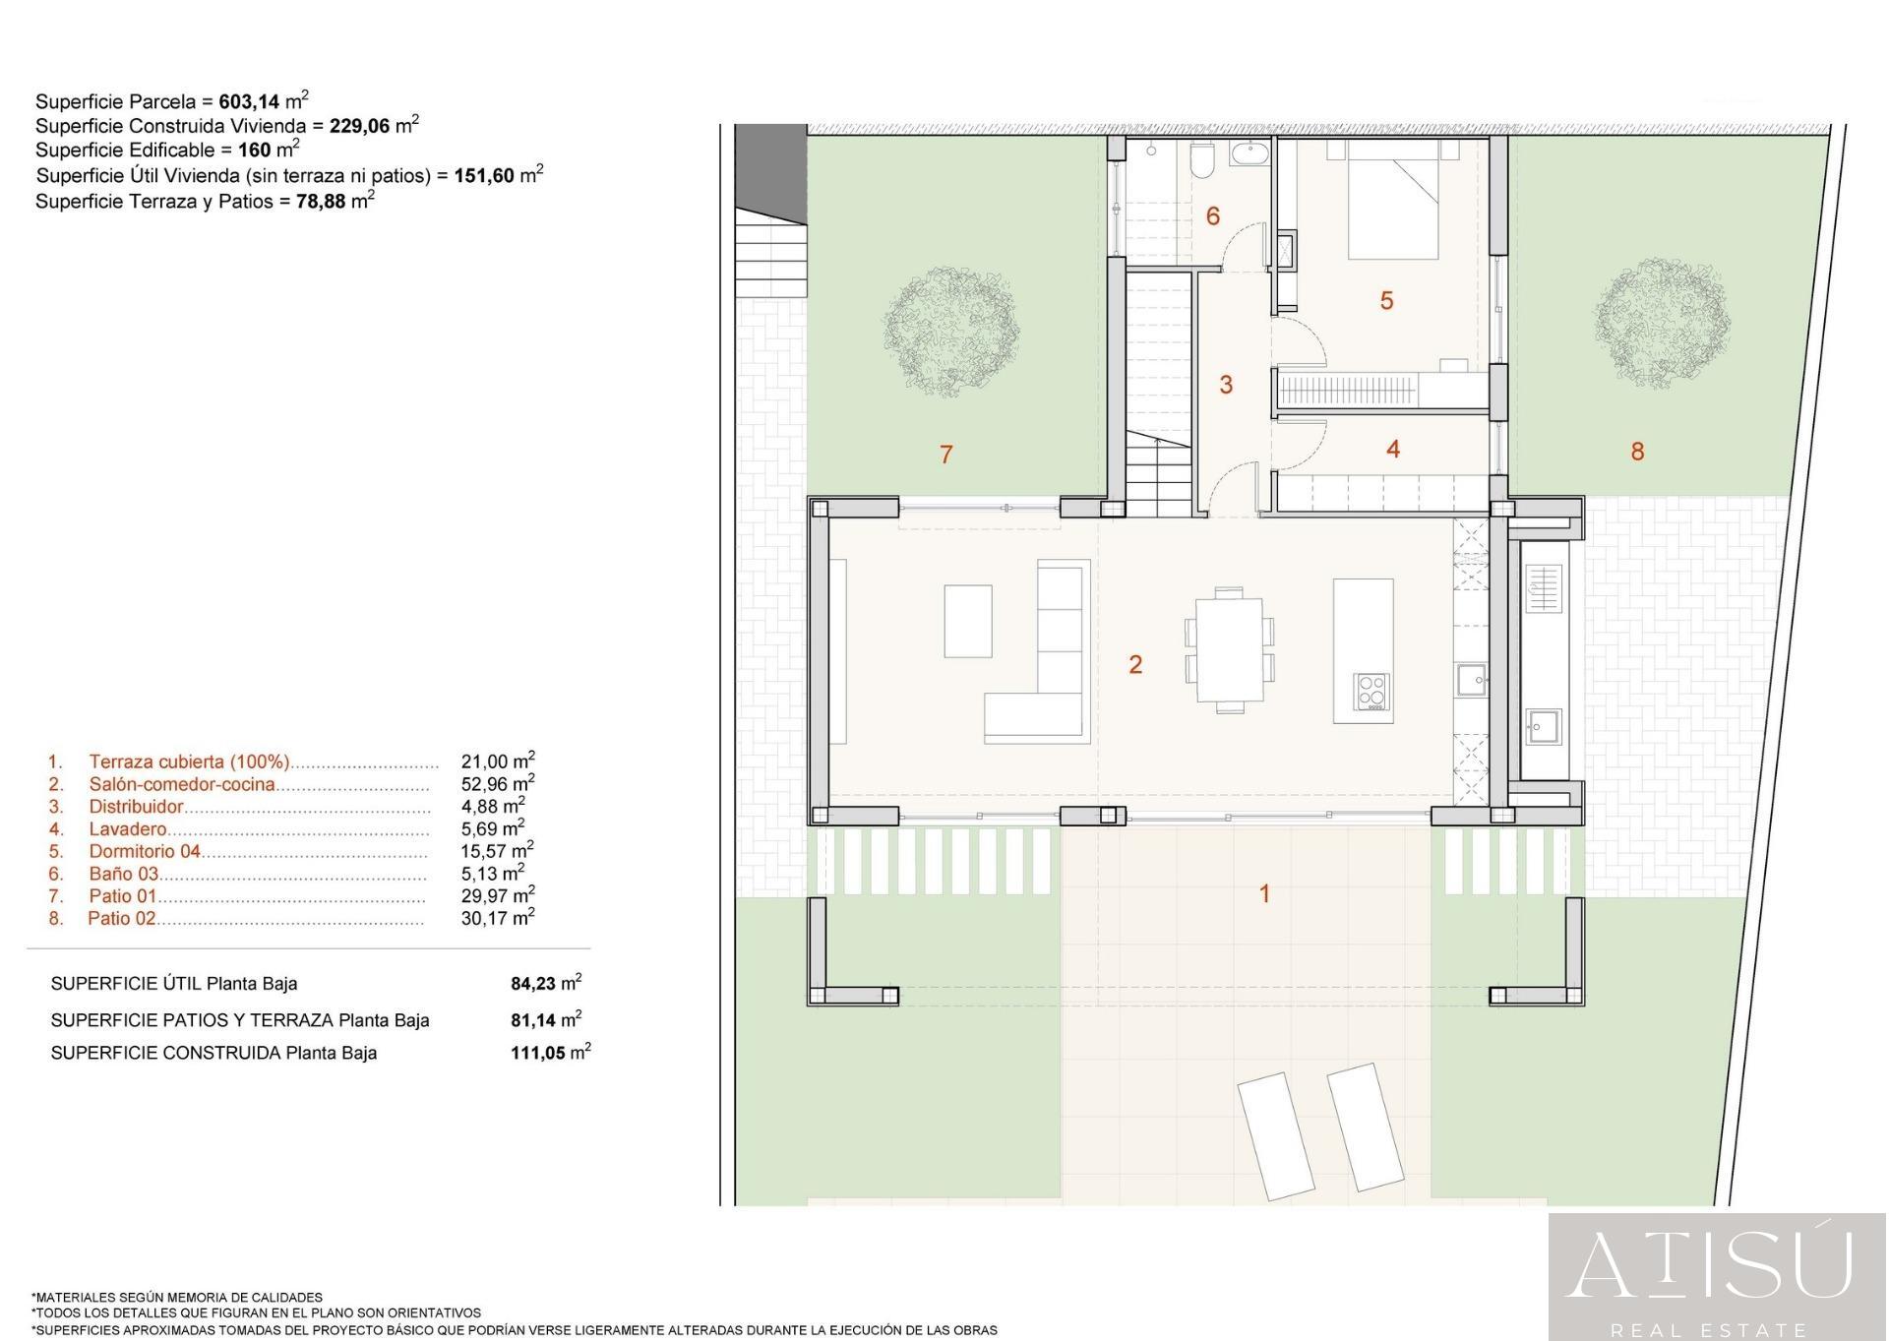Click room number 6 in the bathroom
point(1212,215)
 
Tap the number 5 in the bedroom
point(1386,300)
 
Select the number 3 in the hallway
point(1226,385)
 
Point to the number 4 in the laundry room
point(1393,449)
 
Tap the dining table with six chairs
point(1229,650)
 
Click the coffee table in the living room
point(968,621)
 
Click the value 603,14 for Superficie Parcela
point(249,101)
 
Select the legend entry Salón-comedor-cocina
point(182,785)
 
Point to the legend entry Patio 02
point(122,919)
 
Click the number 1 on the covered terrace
point(1264,893)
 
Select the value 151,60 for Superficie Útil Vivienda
point(484,176)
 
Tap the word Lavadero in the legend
point(128,829)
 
